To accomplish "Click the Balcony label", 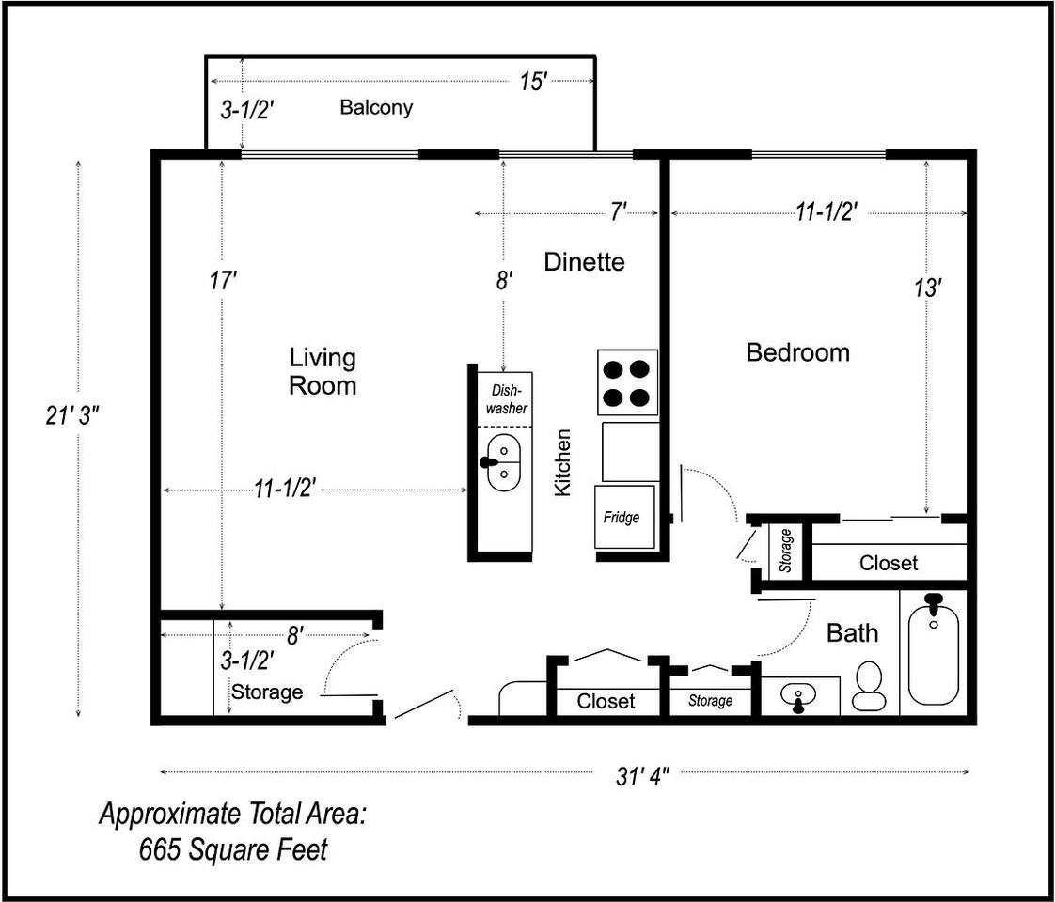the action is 376,107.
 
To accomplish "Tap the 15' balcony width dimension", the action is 532,82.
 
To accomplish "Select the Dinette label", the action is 584,261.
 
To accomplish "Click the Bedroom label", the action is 798,352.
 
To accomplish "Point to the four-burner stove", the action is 627,382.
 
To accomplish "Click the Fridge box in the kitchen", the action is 624,516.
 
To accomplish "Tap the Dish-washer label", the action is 507,399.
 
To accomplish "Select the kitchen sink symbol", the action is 503,462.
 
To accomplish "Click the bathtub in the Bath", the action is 933,648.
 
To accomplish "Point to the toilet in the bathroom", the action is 870,686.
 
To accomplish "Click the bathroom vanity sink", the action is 798,696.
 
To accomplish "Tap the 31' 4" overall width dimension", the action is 642,776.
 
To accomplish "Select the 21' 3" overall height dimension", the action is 72,416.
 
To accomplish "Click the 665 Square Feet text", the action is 233,849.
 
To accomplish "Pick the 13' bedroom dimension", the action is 927,288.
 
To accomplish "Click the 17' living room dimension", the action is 223,280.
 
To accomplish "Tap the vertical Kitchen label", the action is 562,463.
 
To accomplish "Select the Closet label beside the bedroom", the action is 889,563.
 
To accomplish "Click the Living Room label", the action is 323,371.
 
